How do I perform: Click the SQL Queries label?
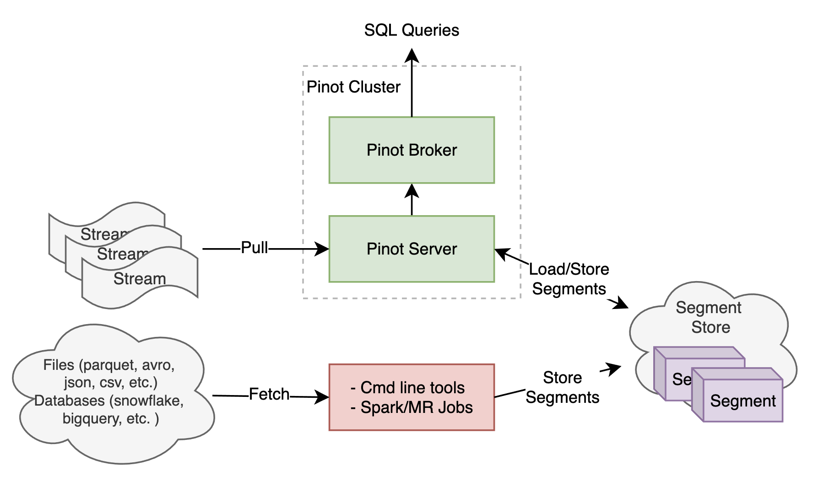(412, 30)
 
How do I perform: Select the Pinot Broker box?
(412, 150)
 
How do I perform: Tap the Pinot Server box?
(412, 249)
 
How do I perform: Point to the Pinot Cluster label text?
(353, 87)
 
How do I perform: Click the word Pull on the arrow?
(255, 248)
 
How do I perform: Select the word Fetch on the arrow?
(269, 394)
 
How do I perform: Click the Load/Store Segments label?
(569, 279)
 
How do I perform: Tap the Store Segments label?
(562, 387)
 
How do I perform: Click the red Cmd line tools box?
(412, 397)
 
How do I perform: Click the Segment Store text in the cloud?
(709, 317)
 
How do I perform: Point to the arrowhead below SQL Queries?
(412, 56)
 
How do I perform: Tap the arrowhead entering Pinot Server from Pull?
(322, 249)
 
